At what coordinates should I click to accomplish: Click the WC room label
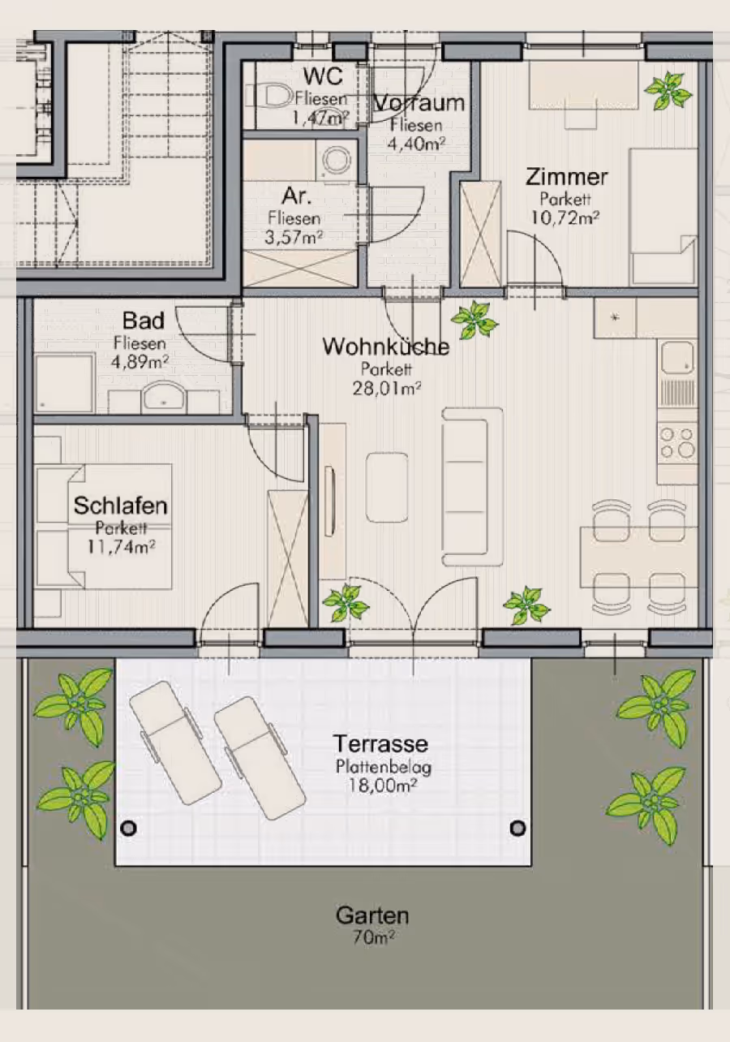point(323,75)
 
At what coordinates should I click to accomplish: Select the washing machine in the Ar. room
point(337,160)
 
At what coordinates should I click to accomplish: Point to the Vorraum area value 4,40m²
point(416,144)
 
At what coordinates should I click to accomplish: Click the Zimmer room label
point(567,177)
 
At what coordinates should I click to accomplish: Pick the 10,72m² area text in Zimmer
point(565,217)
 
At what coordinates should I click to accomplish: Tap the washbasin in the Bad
point(164,398)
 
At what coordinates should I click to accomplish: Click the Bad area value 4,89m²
point(140,362)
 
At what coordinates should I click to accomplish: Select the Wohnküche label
point(386,347)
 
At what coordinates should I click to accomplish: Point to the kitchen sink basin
point(677,358)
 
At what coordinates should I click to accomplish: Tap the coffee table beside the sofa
point(387,487)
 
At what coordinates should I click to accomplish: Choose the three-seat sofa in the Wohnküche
point(472,487)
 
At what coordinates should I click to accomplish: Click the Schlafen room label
point(120,506)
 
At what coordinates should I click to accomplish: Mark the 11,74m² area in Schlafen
point(122,547)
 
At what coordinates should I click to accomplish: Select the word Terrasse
point(380,743)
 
